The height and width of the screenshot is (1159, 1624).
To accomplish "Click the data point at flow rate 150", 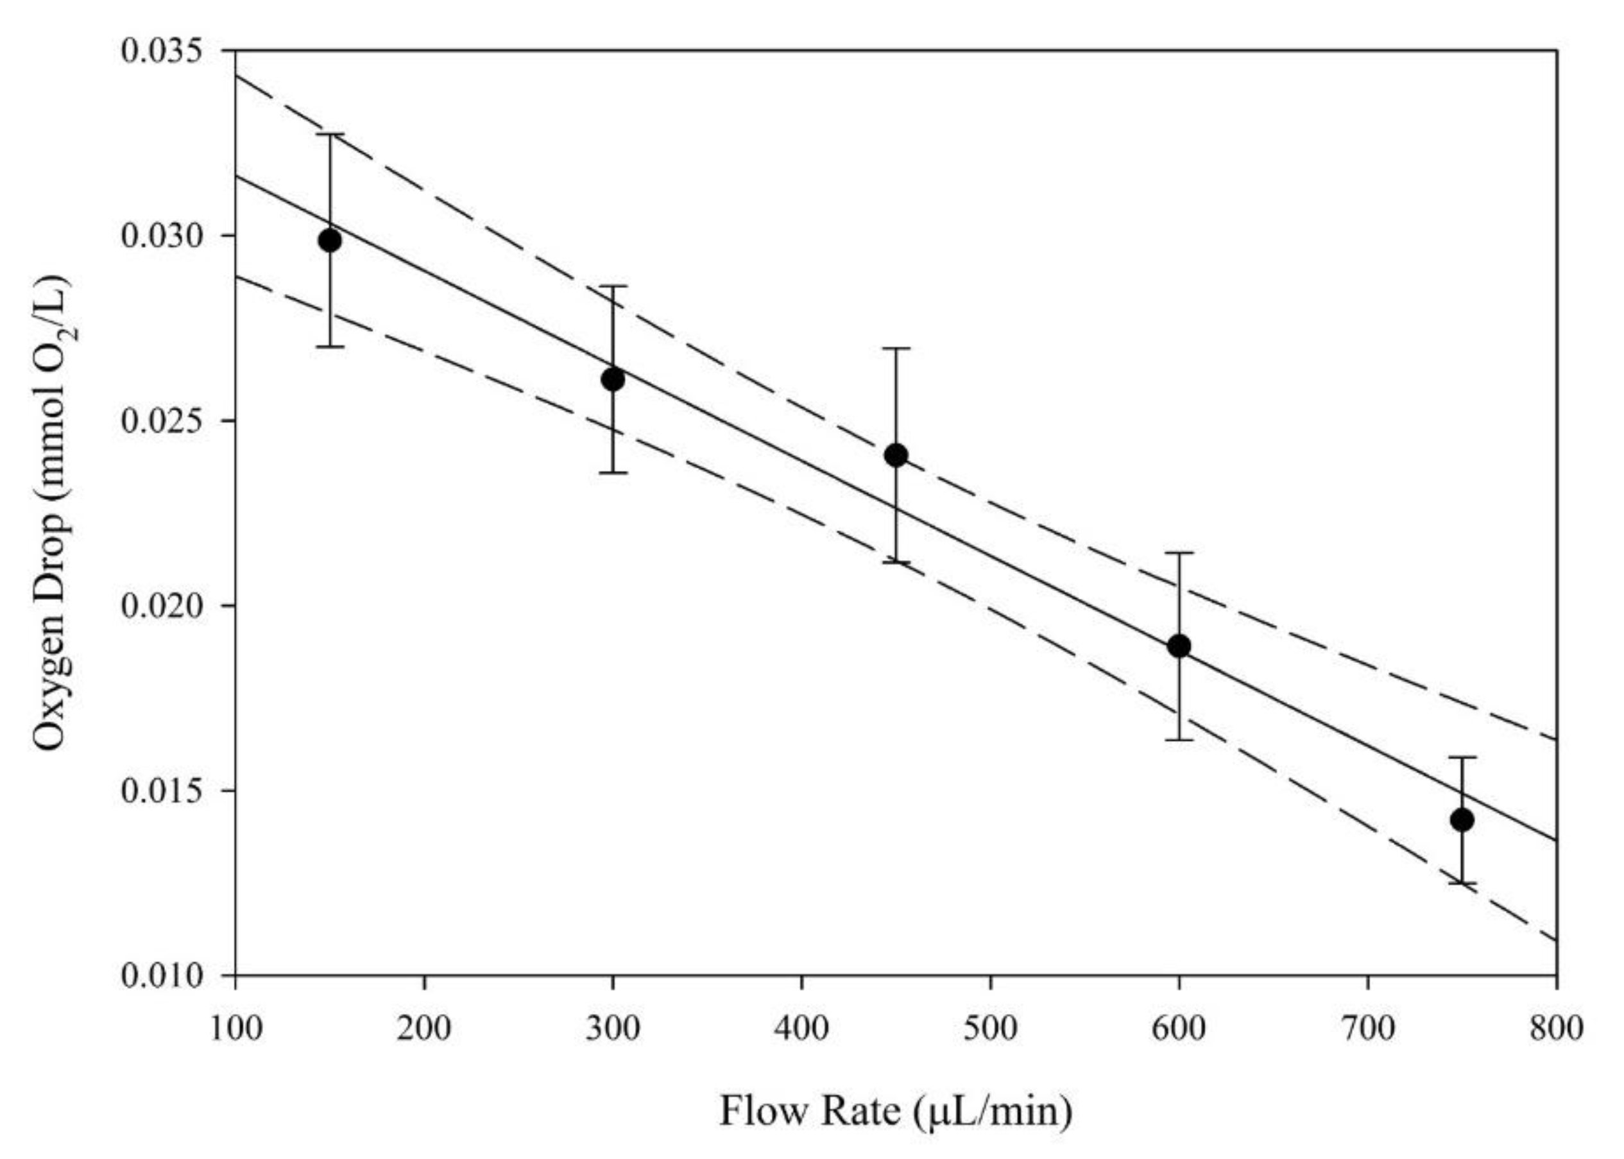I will click(330, 241).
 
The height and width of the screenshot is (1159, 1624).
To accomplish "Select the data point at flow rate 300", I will click(613, 380).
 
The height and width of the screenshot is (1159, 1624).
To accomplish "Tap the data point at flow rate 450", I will click(896, 456).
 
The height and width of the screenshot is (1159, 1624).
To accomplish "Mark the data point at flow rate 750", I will click(1462, 820).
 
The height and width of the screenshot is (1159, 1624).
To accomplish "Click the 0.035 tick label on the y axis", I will click(162, 51).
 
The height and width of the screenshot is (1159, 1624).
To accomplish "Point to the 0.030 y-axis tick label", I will click(162, 236).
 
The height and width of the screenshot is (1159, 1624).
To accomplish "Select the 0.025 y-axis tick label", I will click(162, 421).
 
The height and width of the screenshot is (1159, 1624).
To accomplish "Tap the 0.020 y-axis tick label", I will click(162, 606).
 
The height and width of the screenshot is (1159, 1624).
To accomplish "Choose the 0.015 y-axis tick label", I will click(162, 791).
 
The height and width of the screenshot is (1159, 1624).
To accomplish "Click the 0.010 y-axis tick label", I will click(162, 975).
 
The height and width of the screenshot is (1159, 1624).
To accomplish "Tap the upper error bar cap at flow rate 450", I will click(896, 348).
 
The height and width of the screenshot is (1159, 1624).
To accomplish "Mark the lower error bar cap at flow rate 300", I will click(613, 472).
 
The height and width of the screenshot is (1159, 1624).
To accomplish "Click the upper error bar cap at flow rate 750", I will click(1462, 757).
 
